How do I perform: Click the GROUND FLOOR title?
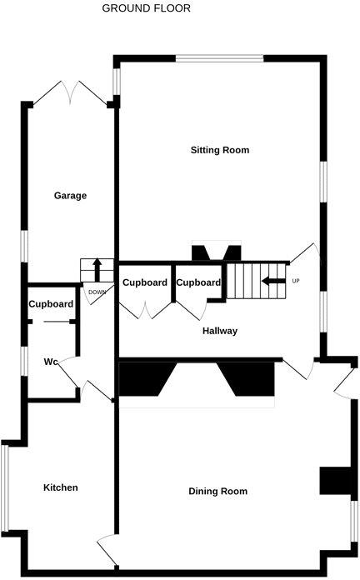coord(146,8)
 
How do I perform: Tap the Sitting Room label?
coord(220,150)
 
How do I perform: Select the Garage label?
coord(71,196)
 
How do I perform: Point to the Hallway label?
coord(220,331)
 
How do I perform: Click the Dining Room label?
coord(218,492)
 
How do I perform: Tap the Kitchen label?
coord(61,487)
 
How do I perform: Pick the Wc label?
coord(51,362)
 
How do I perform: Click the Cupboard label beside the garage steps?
coord(145,282)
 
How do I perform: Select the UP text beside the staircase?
coord(295,281)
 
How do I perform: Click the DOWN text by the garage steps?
coord(97,292)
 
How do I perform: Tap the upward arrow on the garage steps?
coord(97,270)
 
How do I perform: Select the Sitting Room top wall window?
coord(219,57)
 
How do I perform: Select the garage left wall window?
coord(25,246)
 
